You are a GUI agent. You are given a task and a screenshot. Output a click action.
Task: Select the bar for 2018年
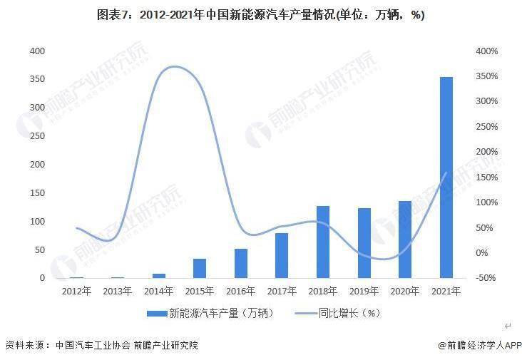(322, 242)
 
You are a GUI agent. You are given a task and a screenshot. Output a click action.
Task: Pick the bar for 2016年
(240, 263)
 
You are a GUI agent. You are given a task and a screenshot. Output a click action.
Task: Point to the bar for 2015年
(200, 268)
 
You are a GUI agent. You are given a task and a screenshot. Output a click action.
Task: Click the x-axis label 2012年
(76, 291)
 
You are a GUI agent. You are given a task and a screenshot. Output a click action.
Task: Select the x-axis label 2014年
(158, 291)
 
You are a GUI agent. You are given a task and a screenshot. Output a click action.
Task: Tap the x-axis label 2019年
(364, 291)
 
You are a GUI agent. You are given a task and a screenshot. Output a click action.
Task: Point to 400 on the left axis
(37, 51)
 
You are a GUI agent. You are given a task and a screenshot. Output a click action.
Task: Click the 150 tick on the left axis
(37, 192)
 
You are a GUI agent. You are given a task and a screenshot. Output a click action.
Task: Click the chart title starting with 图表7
(261, 15)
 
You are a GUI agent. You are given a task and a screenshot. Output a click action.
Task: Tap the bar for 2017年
(282, 255)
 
